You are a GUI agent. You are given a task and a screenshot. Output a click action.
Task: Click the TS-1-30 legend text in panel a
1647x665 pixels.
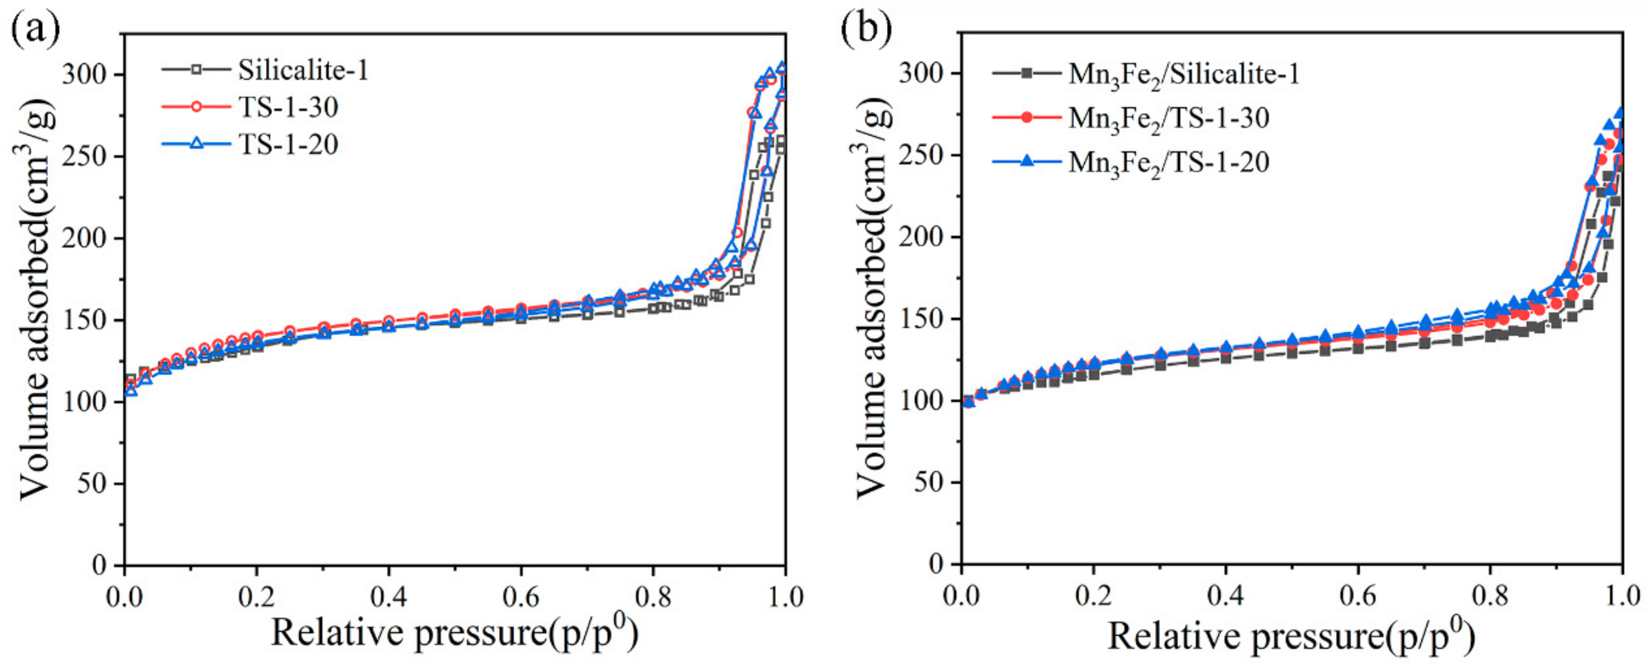(x=288, y=107)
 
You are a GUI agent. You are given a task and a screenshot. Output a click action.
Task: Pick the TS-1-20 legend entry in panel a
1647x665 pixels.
(x=288, y=144)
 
